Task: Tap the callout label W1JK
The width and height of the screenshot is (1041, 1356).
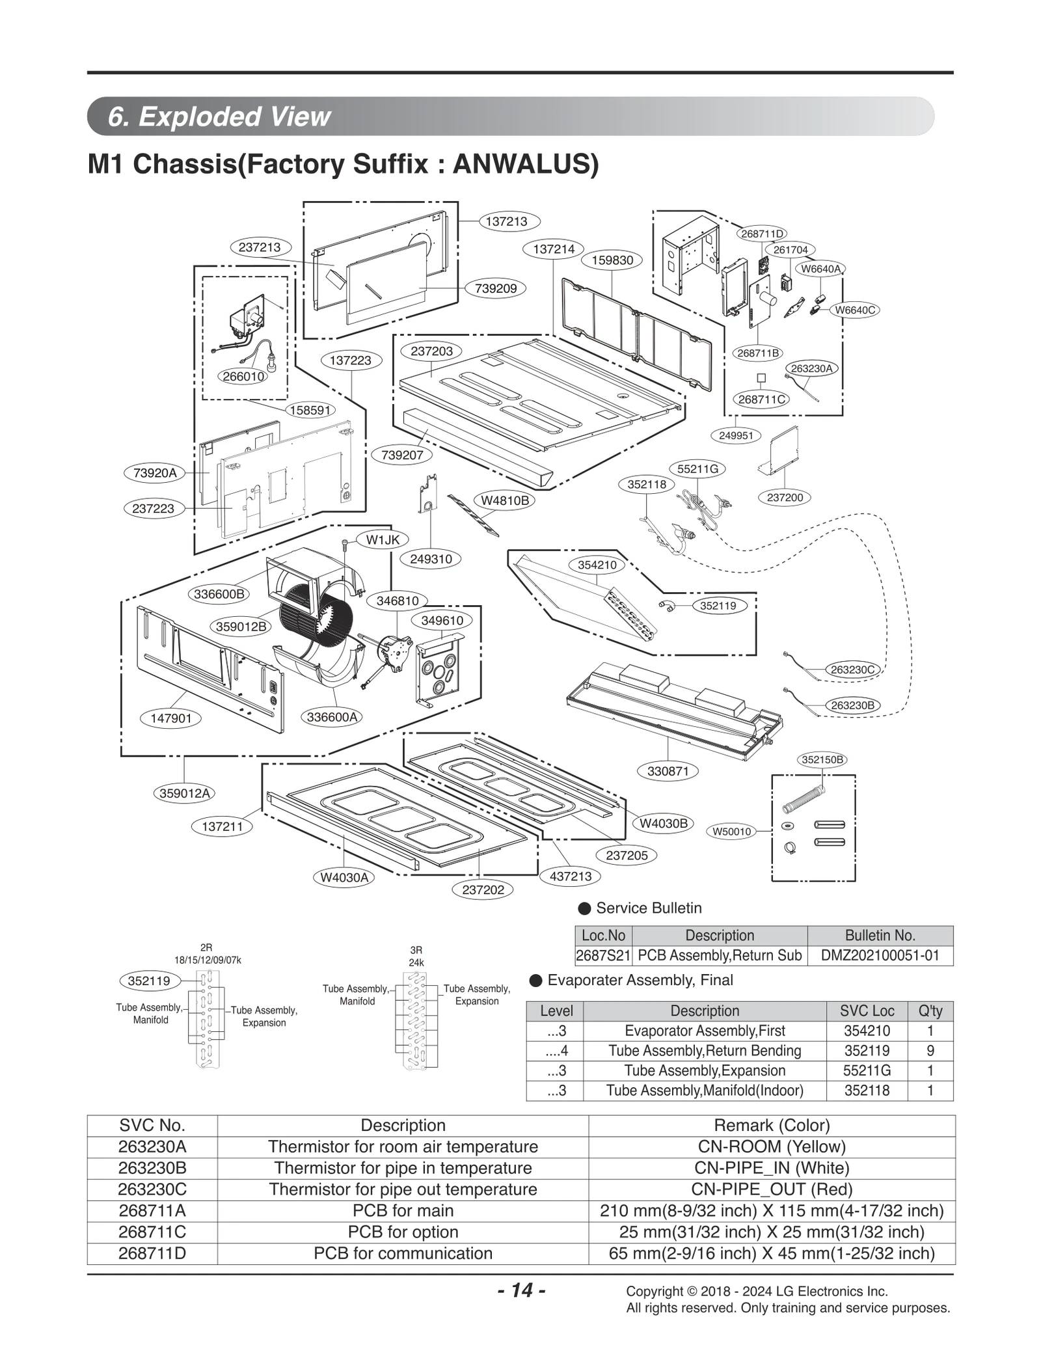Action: click(383, 539)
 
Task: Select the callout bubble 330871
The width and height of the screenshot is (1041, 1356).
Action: click(668, 771)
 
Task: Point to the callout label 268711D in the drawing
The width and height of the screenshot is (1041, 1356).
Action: click(762, 234)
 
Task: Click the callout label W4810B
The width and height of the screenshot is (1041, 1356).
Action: click(505, 500)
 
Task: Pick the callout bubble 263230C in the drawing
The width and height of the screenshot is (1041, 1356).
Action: click(852, 670)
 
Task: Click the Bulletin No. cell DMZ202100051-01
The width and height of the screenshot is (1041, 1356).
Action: click(880, 956)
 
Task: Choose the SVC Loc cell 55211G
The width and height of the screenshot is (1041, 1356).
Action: click(867, 1070)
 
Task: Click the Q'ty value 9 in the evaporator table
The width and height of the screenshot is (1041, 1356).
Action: click(930, 1050)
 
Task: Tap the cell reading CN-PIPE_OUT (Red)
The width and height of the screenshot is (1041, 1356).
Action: click(771, 1189)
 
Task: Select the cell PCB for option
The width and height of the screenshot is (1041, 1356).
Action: click(403, 1232)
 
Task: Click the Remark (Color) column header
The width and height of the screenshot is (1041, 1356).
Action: click(771, 1126)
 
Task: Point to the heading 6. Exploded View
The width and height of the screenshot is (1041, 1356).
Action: click(219, 116)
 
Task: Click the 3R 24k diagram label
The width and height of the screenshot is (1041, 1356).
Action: click(416, 956)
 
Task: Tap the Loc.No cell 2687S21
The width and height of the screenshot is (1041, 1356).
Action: click(602, 956)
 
